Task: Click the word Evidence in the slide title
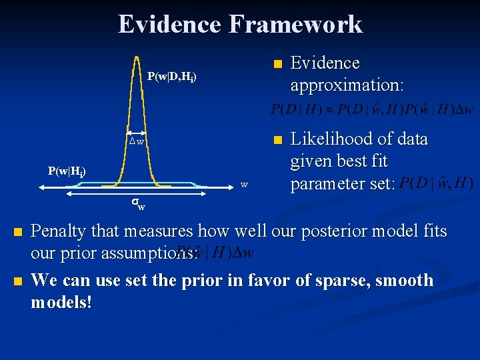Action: pos(169,25)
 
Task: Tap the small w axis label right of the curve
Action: pos(245,184)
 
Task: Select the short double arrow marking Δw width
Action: pos(137,132)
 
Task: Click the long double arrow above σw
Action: pos(137,195)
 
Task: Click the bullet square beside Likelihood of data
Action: pos(278,140)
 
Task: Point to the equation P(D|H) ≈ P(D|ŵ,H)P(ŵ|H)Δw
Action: pos(373,109)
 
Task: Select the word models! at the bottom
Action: pos(61,303)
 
